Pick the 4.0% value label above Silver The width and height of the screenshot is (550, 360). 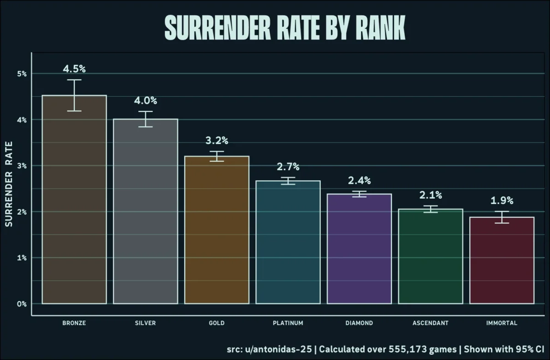[146, 100]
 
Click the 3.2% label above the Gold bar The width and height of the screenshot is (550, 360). [217, 140]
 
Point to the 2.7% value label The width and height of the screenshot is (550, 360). [288, 167]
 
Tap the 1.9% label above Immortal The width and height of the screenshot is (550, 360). [502, 200]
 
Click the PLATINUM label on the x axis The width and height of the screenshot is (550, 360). [288, 323]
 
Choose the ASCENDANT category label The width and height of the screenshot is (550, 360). [430, 323]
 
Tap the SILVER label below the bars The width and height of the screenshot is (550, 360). [146, 323]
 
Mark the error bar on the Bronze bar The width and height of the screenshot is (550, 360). [74, 95]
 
